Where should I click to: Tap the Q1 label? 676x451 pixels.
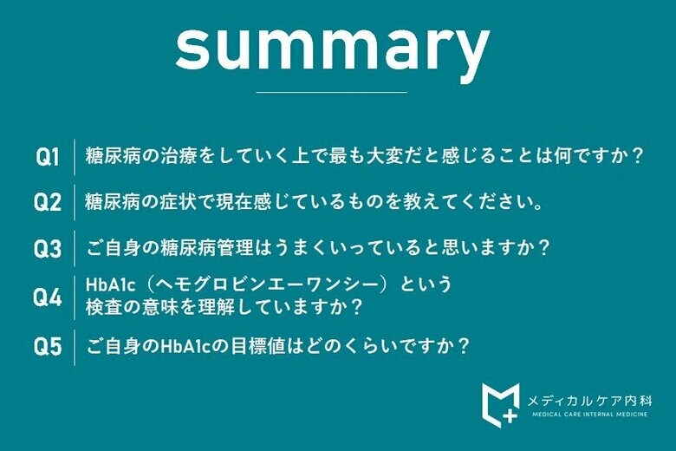pos(47,157)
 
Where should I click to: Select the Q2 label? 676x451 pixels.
pos(47,203)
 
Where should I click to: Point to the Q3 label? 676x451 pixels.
pos(47,249)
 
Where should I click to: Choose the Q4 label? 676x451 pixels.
pos(47,297)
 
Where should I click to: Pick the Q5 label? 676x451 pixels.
pos(47,347)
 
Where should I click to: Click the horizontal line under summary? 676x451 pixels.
pos(332,92)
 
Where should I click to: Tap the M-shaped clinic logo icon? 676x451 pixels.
pos(500,402)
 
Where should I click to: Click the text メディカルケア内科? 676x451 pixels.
pos(589,400)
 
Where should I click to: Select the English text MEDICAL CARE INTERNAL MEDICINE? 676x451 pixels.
pos(589,415)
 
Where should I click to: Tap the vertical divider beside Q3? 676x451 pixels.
pos(75,249)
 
